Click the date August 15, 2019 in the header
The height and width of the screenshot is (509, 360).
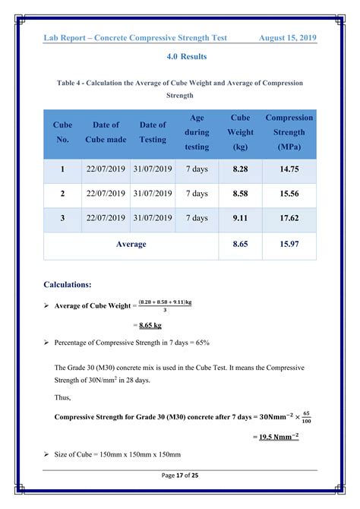tap(287, 38)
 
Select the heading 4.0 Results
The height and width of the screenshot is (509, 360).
tap(180, 57)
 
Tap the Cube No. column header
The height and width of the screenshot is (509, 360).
tap(62, 132)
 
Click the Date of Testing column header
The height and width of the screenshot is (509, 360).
tap(153, 132)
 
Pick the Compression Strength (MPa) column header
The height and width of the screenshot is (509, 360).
tap(289, 132)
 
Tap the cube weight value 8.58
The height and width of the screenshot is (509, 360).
tap(241, 194)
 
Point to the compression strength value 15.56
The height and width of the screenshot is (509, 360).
tap(289, 194)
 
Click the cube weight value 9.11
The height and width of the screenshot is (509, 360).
tap(241, 219)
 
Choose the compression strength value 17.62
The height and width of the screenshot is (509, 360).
tap(289, 219)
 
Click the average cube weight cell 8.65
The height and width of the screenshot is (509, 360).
tap(241, 245)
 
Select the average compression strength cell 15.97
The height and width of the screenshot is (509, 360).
tap(289, 245)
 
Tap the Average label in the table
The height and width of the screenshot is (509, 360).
tap(131, 245)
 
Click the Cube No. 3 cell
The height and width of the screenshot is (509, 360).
tap(62, 219)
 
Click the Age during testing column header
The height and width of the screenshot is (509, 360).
tap(197, 132)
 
